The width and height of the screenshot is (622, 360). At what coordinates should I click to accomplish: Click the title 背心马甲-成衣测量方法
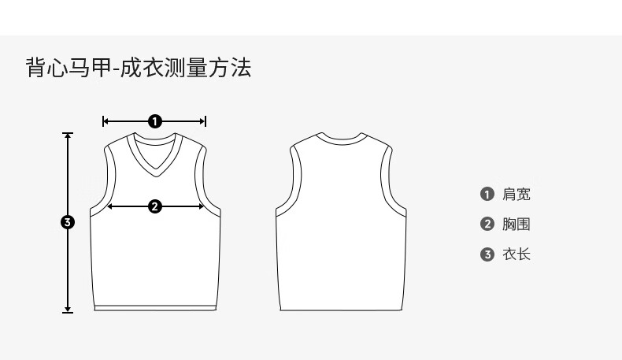tap(139, 67)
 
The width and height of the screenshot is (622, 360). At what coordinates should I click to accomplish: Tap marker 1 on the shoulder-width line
tap(155, 121)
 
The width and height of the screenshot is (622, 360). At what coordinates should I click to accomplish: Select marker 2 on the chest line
tap(155, 206)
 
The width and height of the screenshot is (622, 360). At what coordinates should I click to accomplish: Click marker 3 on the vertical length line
tap(68, 222)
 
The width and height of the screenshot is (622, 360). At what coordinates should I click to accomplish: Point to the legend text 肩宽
tap(516, 195)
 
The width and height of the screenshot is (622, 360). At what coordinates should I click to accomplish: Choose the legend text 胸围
tap(516, 225)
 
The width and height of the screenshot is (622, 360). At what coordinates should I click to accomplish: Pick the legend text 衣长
tap(516, 254)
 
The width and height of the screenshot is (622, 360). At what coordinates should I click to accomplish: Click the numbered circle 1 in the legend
tap(487, 195)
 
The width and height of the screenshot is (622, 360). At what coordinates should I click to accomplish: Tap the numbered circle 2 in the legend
tap(487, 225)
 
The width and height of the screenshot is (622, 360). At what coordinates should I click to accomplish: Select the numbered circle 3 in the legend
tap(487, 254)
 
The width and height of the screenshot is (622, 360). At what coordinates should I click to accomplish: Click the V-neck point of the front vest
tap(155, 174)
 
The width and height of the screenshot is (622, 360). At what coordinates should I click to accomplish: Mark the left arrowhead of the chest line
tap(109, 206)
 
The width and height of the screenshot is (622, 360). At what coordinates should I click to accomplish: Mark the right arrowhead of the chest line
tap(203, 206)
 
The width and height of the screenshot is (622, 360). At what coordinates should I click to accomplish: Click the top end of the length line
tap(68, 134)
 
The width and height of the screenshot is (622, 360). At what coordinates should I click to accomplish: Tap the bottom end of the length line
tap(68, 312)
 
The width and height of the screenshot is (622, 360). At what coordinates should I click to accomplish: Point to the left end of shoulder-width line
tap(104, 121)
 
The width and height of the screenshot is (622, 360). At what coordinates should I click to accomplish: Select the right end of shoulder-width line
tap(205, 121)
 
